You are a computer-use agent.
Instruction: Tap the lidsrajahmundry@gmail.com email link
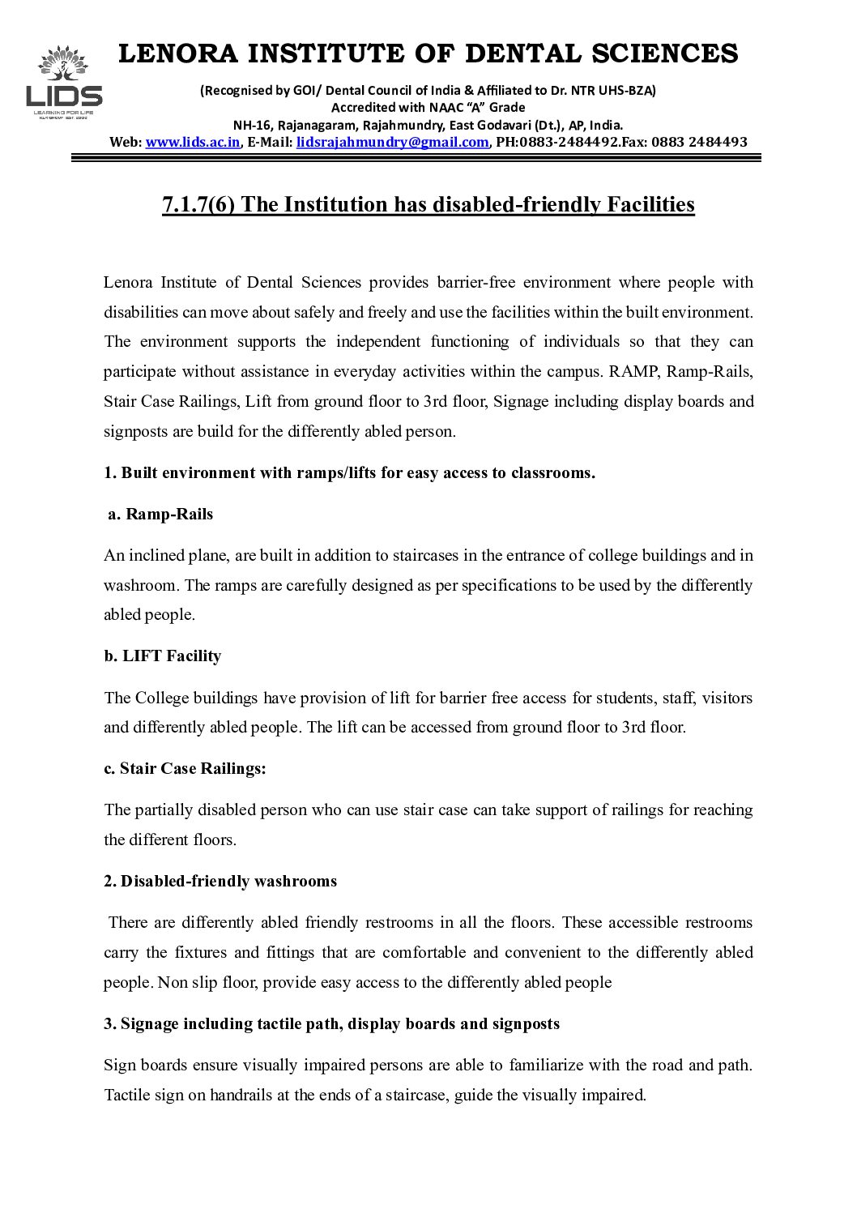[392, 142]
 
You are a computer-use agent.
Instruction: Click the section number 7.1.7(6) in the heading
[198, 205]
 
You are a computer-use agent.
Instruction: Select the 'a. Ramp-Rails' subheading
[160, 514]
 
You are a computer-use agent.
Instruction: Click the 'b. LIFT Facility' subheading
[162, 656]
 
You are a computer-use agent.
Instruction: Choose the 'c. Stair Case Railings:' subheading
[185, 768]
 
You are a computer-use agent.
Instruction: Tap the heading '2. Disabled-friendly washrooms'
[220, 881]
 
